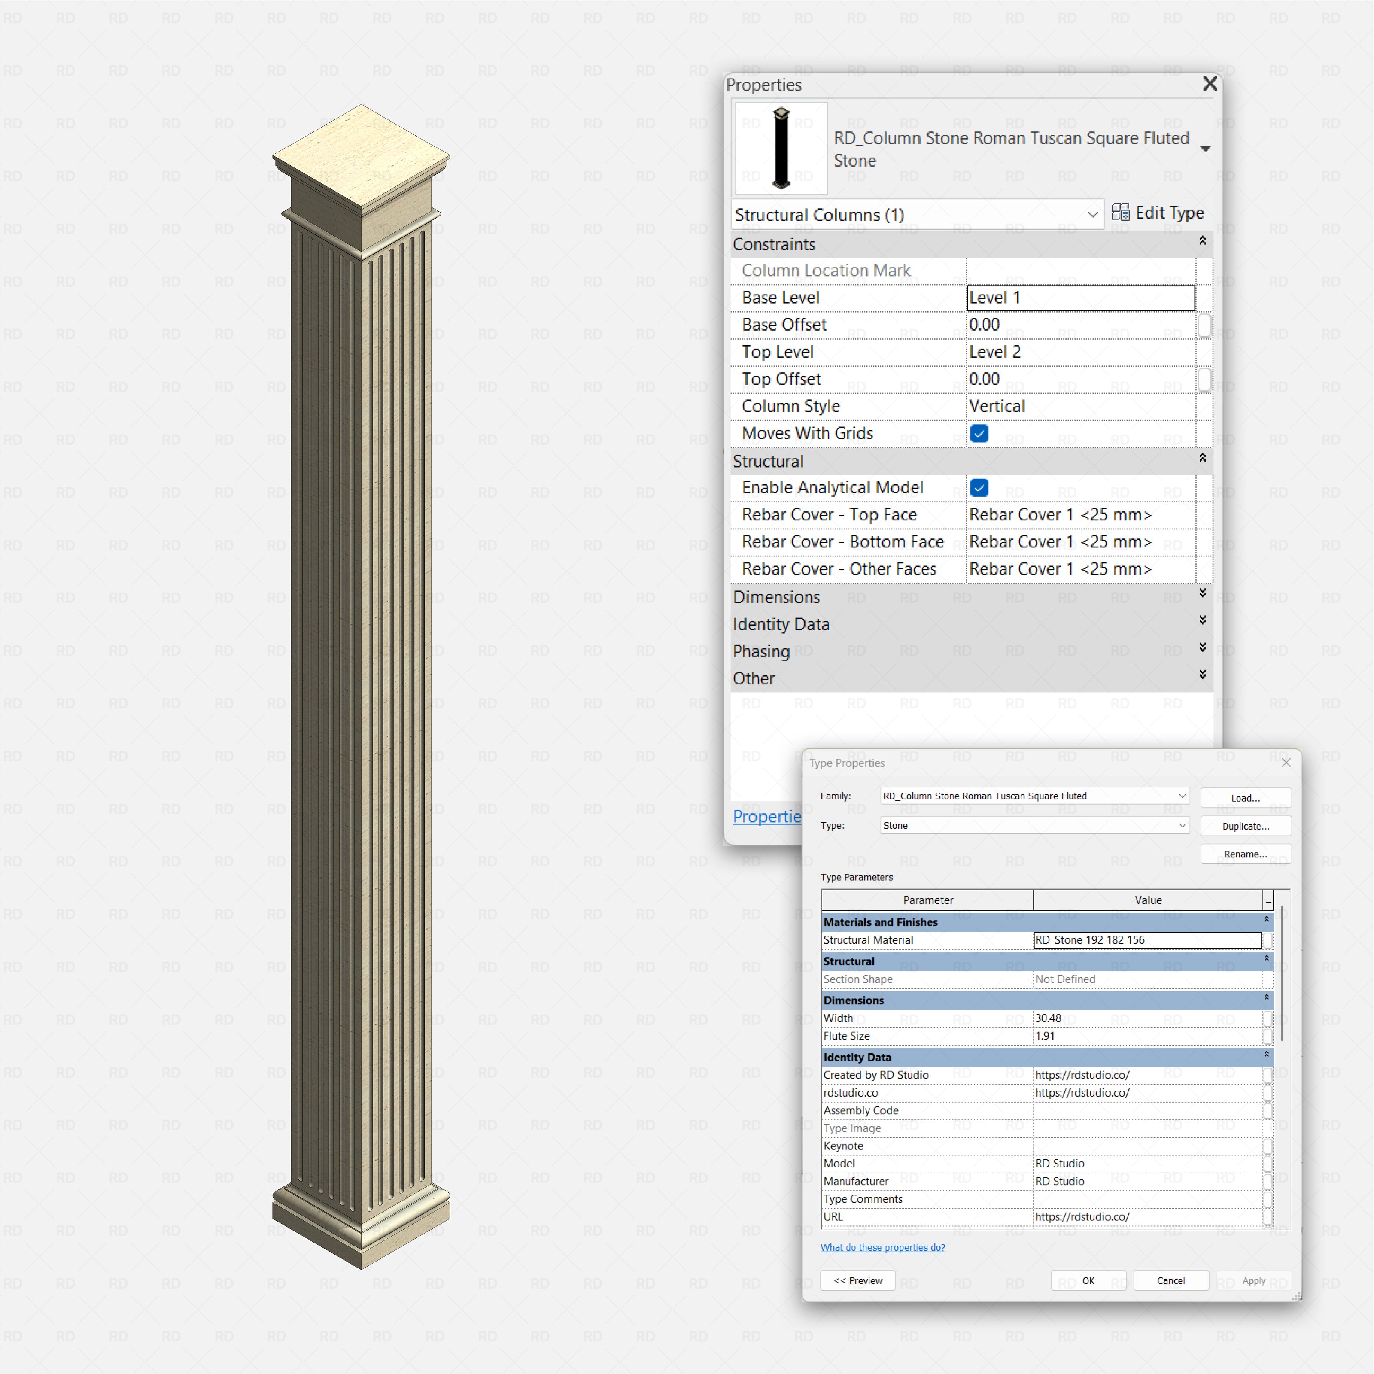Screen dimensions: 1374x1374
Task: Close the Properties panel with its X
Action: coord(1209,84)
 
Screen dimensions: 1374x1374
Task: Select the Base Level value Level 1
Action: coord(1079,298)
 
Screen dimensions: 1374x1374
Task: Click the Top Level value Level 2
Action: coord(1079,352)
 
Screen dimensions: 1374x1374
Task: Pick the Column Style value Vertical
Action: coord(1079,406)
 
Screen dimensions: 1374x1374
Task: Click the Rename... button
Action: coord(1245,854)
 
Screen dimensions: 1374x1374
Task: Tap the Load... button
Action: coord(1245,798)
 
